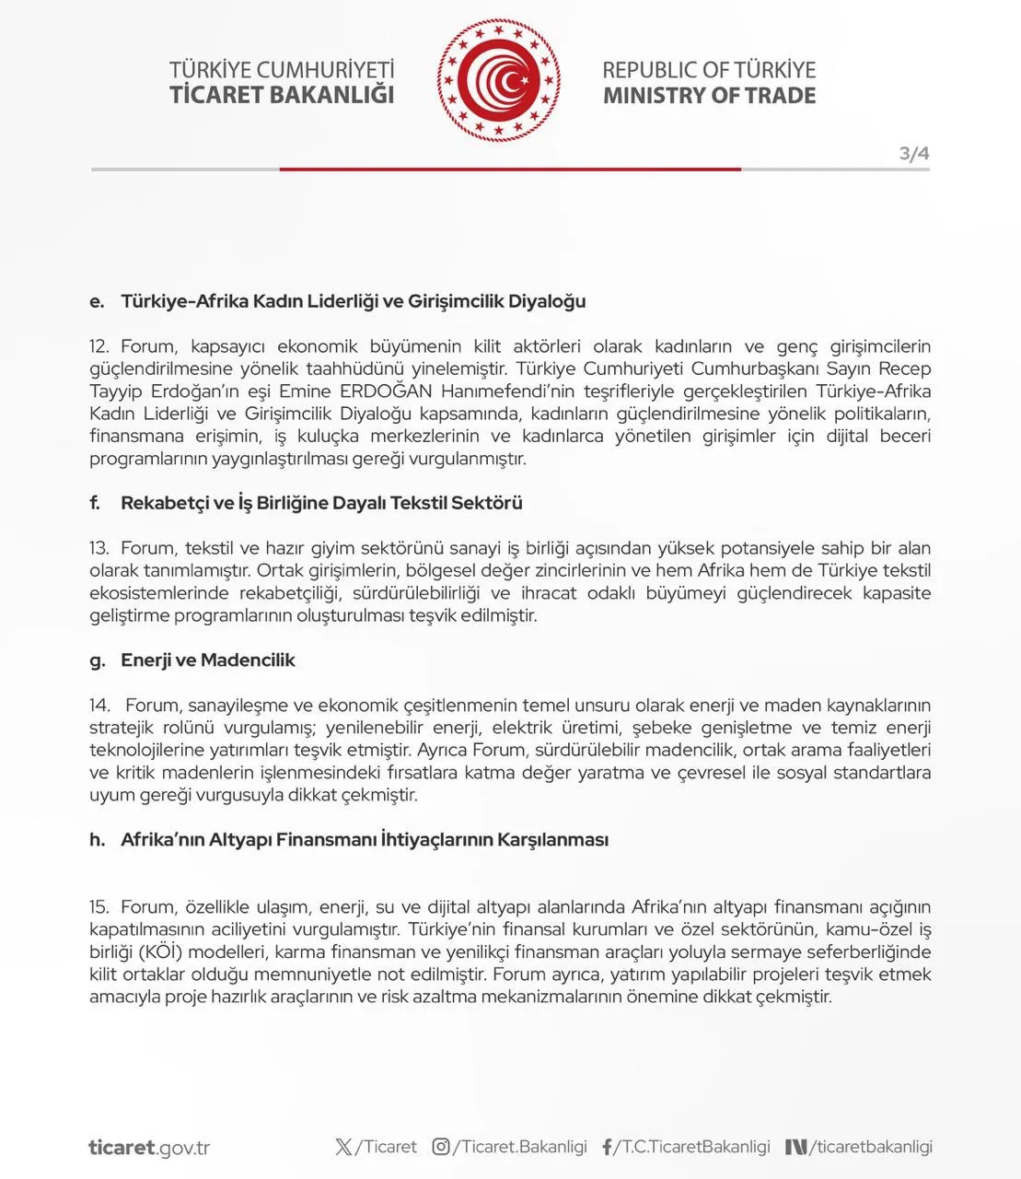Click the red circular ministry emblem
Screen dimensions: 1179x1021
point(499,81)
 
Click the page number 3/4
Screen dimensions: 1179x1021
point(913,154)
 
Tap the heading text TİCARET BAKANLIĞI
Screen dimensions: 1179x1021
point(282,95)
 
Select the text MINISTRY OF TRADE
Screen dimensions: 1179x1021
point(709,96)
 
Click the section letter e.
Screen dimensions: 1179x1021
point(97,301)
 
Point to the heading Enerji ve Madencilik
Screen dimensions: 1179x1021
point(208,660)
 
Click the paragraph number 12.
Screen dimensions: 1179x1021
point(99,346)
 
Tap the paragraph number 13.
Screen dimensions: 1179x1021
point(99,548)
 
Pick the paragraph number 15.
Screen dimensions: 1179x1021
point(99,907)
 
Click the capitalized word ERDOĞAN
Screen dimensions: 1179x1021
point(386,391)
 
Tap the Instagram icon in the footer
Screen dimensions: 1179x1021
point(441,1147)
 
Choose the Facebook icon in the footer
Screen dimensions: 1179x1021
point(608,1147)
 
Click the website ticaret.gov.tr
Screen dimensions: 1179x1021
point(149,1148)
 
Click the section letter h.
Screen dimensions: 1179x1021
point(97,840)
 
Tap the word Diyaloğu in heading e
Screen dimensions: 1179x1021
point(548,301)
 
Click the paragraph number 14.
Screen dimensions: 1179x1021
point(99,706)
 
